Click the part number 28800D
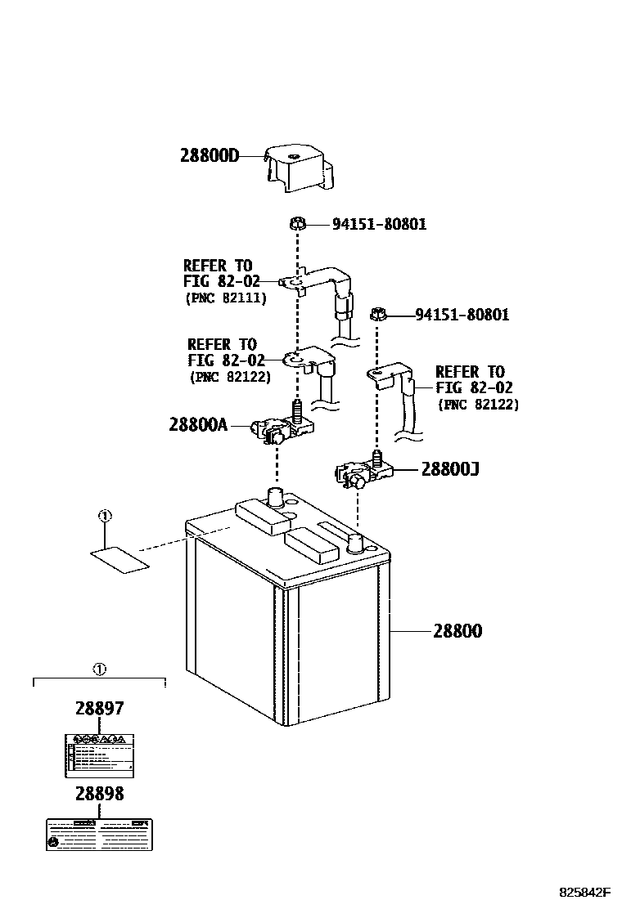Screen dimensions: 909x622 (210, 155)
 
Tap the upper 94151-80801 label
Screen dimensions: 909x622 (379, 224)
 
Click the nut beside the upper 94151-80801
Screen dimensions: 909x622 (298, 223)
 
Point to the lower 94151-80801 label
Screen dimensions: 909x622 (462, 315)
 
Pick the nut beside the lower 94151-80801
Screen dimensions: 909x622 (378, 313)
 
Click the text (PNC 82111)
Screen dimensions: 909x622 (226, 298)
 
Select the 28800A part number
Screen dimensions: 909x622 (199, 425)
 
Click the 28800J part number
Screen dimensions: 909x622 (450, 469)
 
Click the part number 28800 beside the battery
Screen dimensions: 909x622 (457, 631)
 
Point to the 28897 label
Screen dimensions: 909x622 (99, 709)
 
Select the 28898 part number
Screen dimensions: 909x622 (99, 794)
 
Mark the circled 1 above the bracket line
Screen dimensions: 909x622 (99, 669)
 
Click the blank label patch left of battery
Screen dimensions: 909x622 (119, 560)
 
